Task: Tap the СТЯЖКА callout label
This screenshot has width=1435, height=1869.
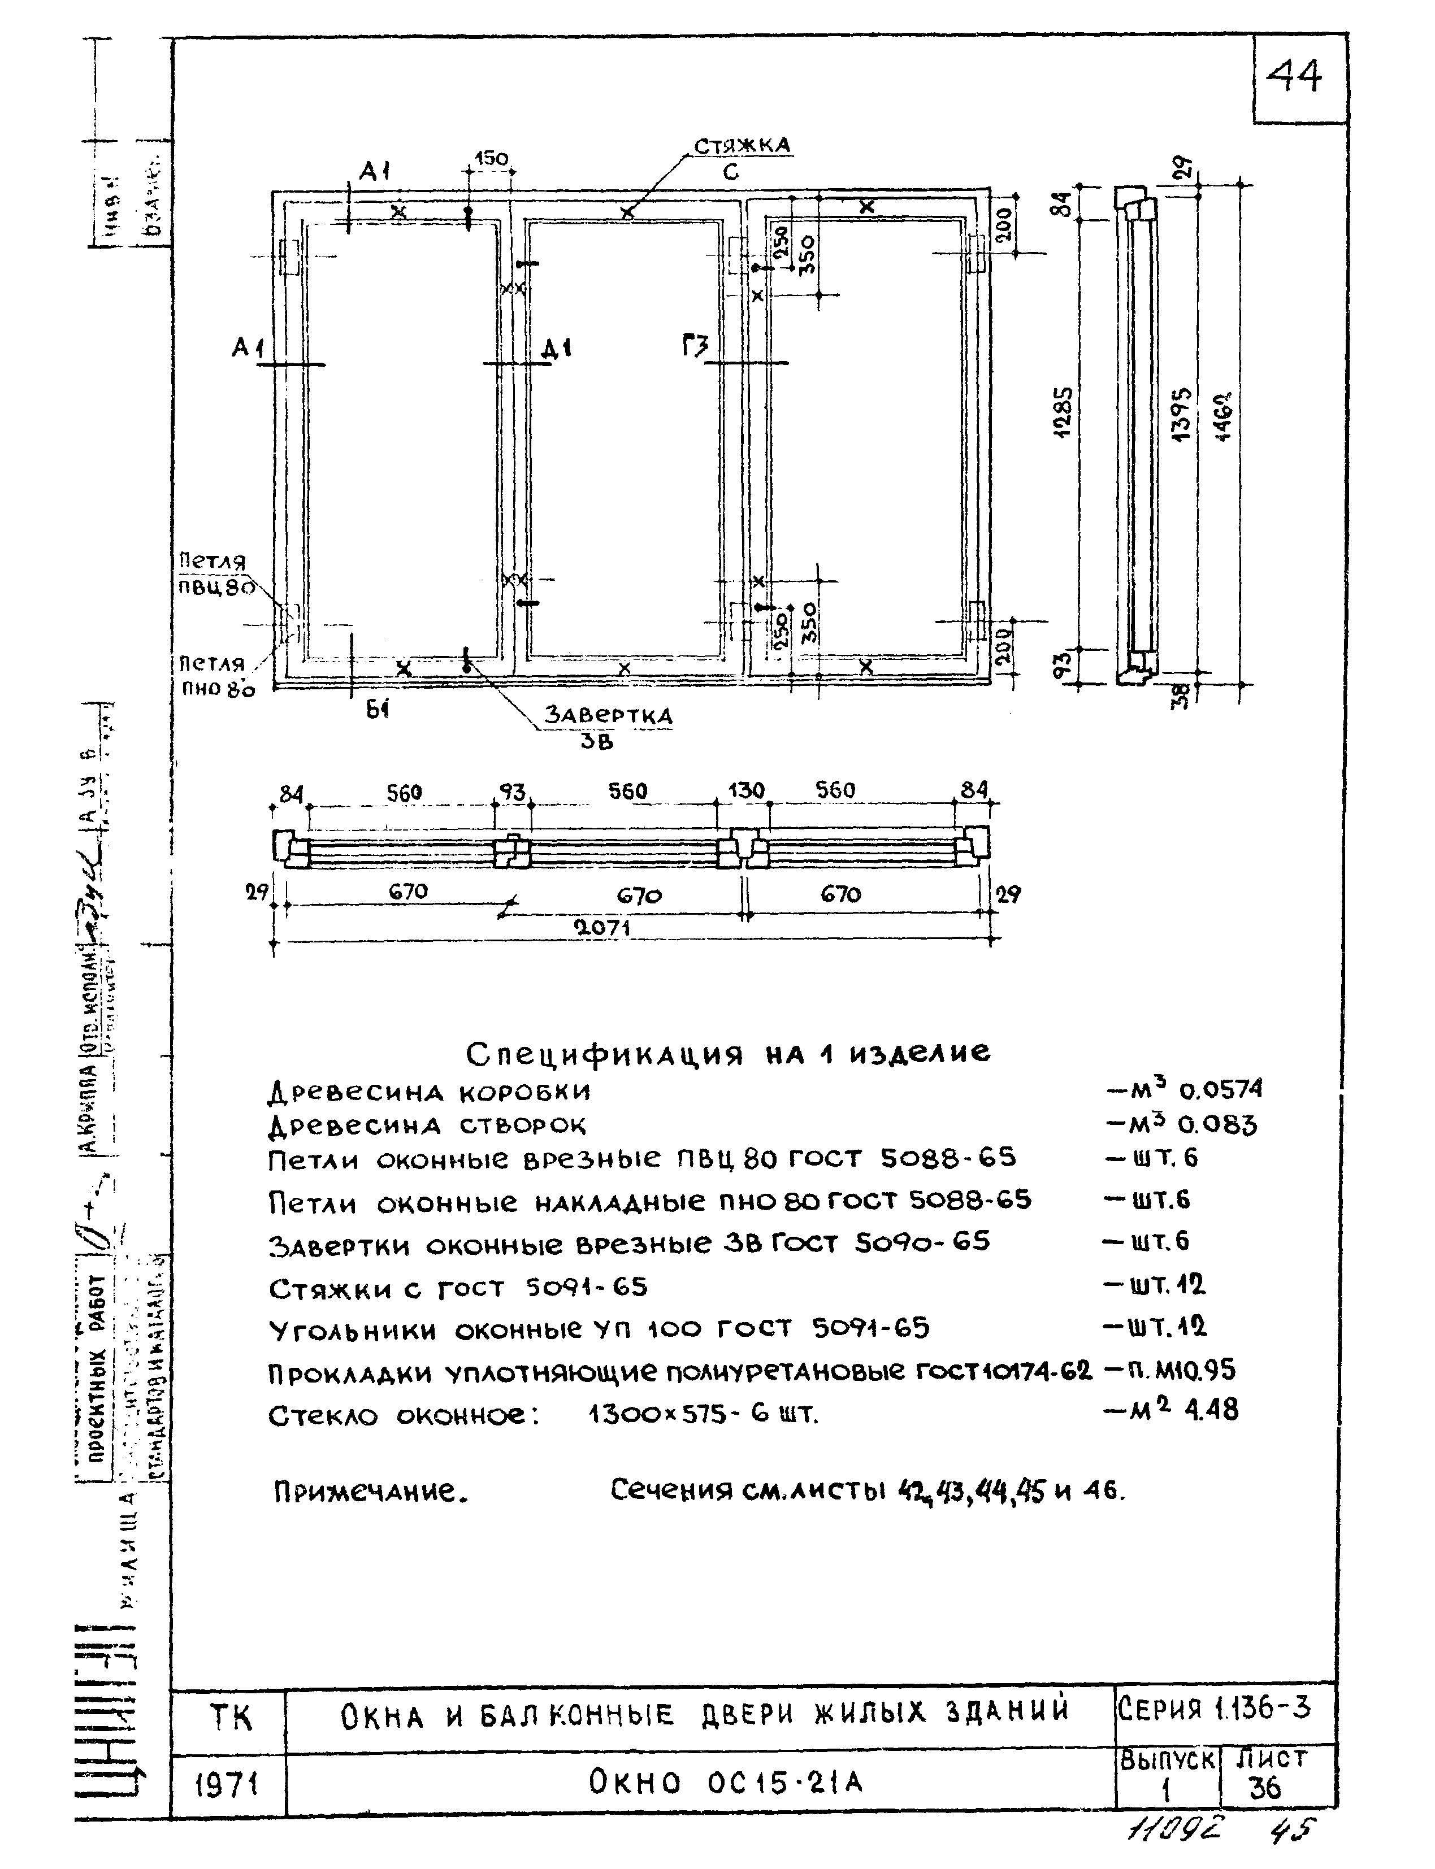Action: point(742,146)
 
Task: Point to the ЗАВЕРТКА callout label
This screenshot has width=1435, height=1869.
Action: point(608,715)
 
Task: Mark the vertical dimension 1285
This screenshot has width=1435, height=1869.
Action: point(1064,412)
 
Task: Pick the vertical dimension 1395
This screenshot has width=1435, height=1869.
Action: point(1183,414)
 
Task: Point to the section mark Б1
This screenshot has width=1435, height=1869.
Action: point(376,708)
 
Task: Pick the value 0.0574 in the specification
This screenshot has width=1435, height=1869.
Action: point(1220,1090)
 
